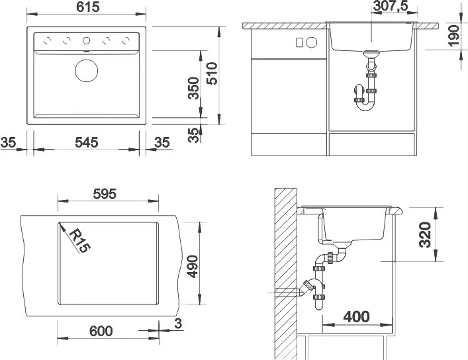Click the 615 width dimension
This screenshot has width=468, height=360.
click(88, 7)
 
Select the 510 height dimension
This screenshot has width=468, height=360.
click(212, 73)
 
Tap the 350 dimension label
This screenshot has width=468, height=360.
click(194, 88)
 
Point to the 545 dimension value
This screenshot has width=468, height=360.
click(87, 142)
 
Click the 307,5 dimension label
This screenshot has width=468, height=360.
click(391, 6)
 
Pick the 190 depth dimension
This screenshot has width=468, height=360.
click(453, 36)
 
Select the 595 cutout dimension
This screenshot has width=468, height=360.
click(105, 194)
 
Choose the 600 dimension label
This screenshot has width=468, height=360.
click(101, 331)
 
